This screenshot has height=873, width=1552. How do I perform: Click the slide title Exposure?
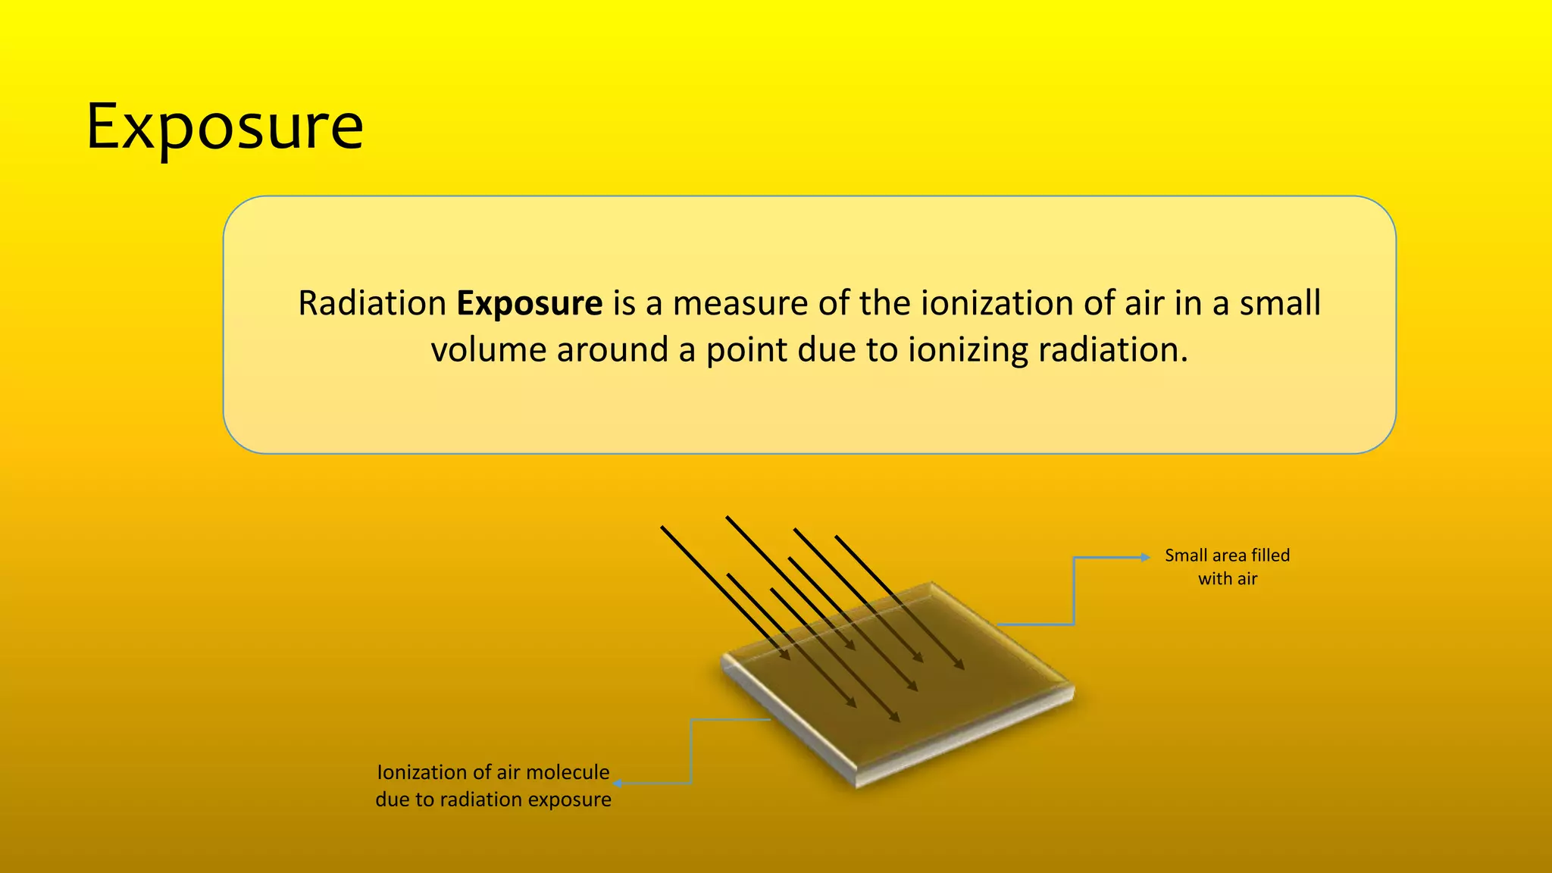(x=225, y=127)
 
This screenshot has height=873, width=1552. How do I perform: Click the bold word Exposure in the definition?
(x=529, y=303)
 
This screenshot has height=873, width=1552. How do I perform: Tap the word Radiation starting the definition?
(x=371, y=303)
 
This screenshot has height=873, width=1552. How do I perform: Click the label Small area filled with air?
(x=1227, y=567)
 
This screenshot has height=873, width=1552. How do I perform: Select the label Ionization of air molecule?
(x=493, y=772)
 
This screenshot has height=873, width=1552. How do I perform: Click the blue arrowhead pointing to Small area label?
(x=1146, y=558)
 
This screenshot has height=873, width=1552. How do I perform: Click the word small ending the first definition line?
(x=1280, y=303)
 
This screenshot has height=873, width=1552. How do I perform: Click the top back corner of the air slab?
(x=932, y=583)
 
